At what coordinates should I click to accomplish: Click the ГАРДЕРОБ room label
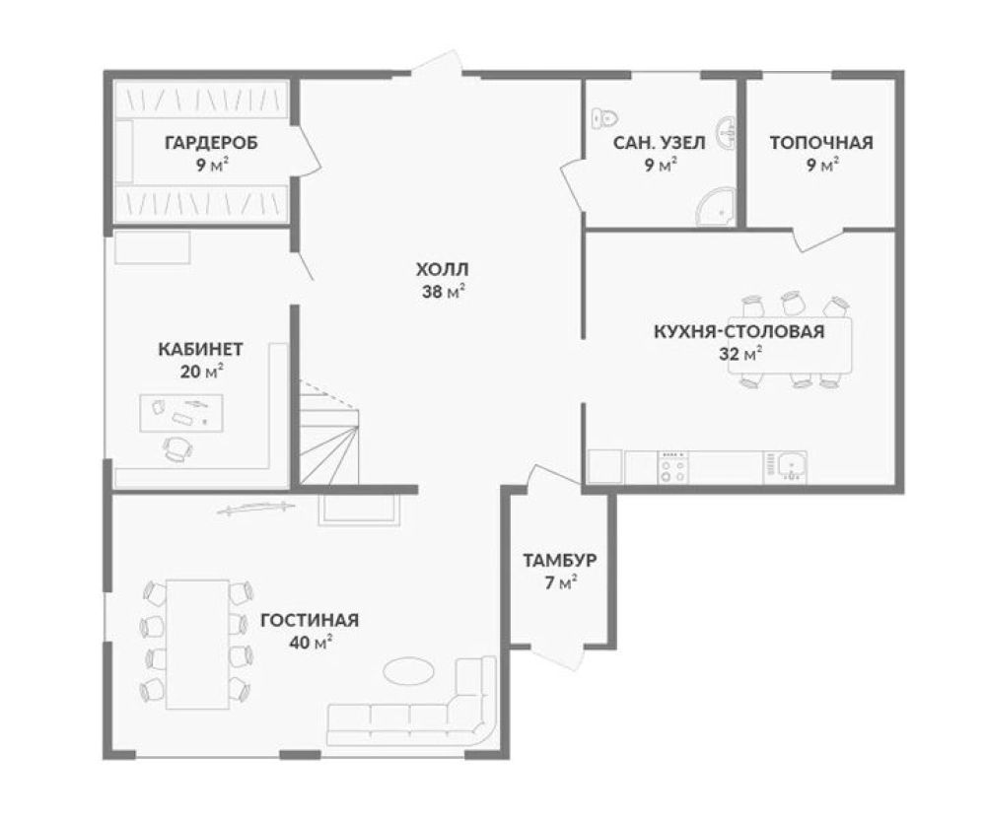(x=211, y=143)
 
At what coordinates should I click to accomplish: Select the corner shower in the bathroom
(x=716, y=206)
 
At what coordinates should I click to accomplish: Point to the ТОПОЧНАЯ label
(x=821, y=143)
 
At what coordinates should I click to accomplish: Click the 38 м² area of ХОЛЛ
(x=444, y=292)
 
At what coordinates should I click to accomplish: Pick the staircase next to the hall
(x=329, y=433)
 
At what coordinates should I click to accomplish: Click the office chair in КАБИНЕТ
(x=177, y=448)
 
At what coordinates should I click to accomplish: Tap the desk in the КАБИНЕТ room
(x=181, y=413)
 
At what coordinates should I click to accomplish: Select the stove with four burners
(x=672, y=467)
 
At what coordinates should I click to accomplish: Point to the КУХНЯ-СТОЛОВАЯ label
(x=739, y=331)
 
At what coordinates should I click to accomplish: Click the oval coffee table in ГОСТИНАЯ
(x=409, y=670)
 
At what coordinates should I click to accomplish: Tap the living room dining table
(x=197, y=645)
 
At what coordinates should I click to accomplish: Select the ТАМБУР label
(x=560, y=560)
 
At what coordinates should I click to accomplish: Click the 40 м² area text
(x=311, y=643)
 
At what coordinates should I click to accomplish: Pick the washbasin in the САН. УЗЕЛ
(x=728, y=133)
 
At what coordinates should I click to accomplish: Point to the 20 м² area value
(x=201, y=372)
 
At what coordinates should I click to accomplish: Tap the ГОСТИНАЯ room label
(x=310, y=620)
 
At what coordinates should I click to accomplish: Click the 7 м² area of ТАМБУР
(x=560, y=583)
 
